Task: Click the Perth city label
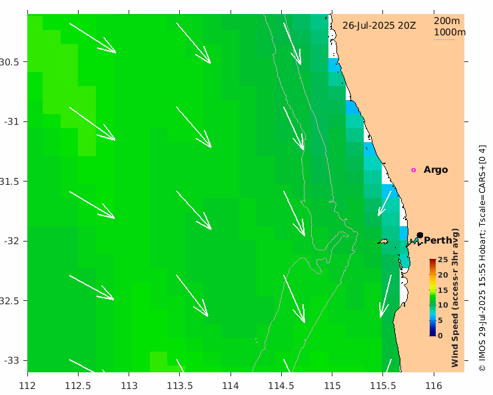pyautogui.click(x=438, y=240)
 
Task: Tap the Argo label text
pyautogui.click(x=436, y=169)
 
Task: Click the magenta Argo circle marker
pyautogui.click(x=413, y=170)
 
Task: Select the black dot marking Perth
pyautogui.click(x=420, y=235)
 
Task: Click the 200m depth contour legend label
pyautogui.click(x=446, y=21)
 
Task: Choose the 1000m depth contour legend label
pyautogui.click(x=449, y=32)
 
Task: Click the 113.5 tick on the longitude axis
pyautogui.click(x=180, y=385)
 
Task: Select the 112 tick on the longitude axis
pyautogui.click(x=27, y=385)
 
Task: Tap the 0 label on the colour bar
pyautogui.click(x=440, y=336)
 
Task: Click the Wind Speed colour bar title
pyautogui.click(x=456, y=298)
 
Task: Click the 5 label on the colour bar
pyautogui.click(x=440, y=320)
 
